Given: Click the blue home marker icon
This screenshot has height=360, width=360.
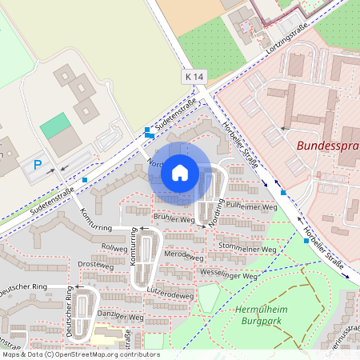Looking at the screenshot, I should coord(180,172).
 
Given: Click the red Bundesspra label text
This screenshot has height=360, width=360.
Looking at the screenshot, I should coord(327,146).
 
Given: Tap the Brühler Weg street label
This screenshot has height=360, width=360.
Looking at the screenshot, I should coord(174,218).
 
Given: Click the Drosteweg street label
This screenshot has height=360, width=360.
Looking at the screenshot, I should coord(96,264).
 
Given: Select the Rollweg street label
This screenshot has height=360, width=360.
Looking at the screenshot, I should coord(114,248).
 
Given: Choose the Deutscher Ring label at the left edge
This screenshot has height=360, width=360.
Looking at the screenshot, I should coord(24,288).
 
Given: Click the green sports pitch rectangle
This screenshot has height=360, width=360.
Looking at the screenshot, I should coord(54,125).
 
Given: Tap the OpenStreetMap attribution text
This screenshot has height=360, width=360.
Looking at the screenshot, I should coord(80,354).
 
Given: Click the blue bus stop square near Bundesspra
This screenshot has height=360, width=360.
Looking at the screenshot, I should coord(282,194).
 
